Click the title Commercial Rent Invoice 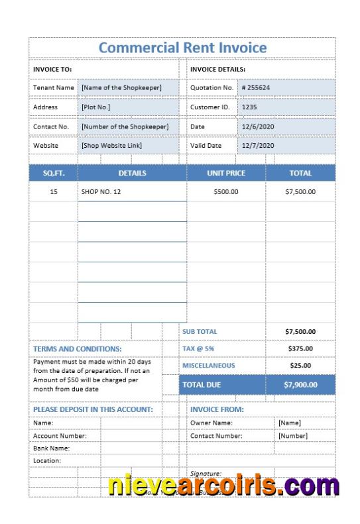(x=182, y=48)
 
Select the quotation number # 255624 (x=256, y=87)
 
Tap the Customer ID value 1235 (x=249, y=107)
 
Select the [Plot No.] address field (x=96, y=107)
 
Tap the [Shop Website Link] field (x=111, y=145)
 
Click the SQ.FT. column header (x=54, y=173)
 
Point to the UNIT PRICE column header (x=226, y=173)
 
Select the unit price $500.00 (x=226, y=191)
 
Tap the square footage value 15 (x=54, y=191)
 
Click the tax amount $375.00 (x=300, y=348)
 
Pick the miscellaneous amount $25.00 (x=300, y=365)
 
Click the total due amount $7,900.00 (x=300, y=384)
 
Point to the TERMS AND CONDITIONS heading (x=78, y=348)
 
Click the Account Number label (x=60, y=436)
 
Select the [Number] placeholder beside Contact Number (x=293, y=436)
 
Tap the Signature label (x=206, y=474)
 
